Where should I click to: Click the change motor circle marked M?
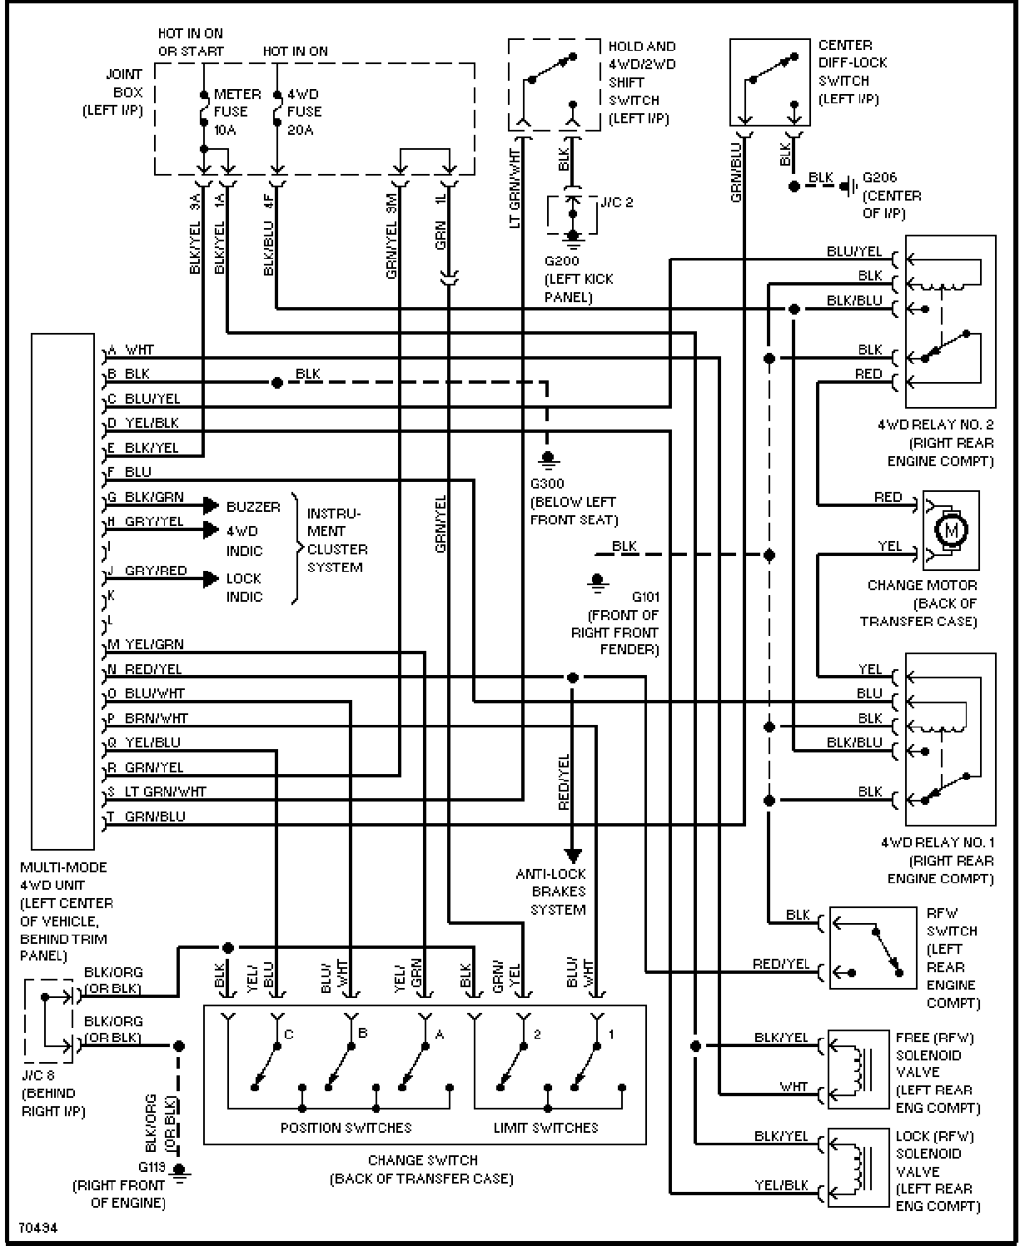pyautogui.click(x=951, y=530)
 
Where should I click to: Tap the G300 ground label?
pyautogui.click(x=547, y=484)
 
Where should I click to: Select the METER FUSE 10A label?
pyautogui.click(x=237, y=112)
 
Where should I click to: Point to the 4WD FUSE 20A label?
pyautogui.click(x=305, y=112)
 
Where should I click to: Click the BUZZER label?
pyautogui.click(x=253, y=507)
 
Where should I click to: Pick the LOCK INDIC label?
pyautogui.click(x=244, y=588)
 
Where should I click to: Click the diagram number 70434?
pyautogui.click(x=38, y=1228)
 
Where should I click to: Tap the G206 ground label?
pyautogui.click(x=879, y=177)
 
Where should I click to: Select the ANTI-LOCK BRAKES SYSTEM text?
pyautogui.click(x=551, y=891)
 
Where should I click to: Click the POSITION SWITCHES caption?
pyautogui.click(x=346, y=1128)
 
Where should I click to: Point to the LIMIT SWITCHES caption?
pyautogui.click(x=545, y=1128)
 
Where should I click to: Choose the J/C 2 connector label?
pyautogui.click(x=616, y=202)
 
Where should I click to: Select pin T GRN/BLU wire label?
pyautogui.click(x=147, y=817)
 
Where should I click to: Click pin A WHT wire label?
pyautogui.click(x=131, y=350)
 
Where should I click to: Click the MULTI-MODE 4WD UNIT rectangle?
pyautogui.click(x=62, y=592)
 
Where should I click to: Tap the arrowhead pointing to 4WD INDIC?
pyautogui.click(x=211, y=530)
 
